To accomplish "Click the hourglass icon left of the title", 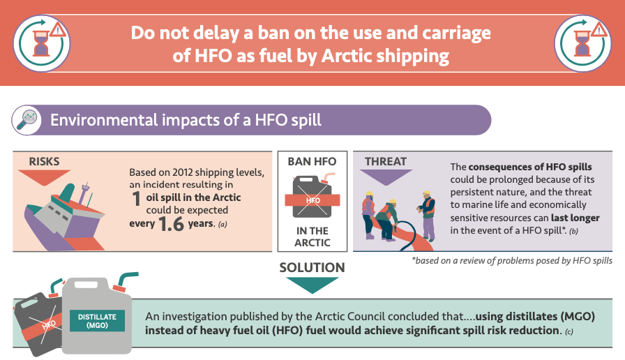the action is (41, 43).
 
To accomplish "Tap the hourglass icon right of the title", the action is (582, 43).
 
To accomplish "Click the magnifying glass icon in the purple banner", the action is (27, 120).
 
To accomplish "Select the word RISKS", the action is (44, 161).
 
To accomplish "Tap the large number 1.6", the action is (171, 224).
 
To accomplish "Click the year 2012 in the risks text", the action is (183, 172).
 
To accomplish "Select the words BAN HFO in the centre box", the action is (312, 161).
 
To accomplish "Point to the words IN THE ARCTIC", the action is (312, 237).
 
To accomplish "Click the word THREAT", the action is (386, 161).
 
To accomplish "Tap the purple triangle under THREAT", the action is (386, 177).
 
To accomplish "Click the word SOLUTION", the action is (312, 267).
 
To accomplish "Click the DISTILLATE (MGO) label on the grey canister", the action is (97, 321).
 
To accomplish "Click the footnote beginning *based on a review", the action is (512, 261).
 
